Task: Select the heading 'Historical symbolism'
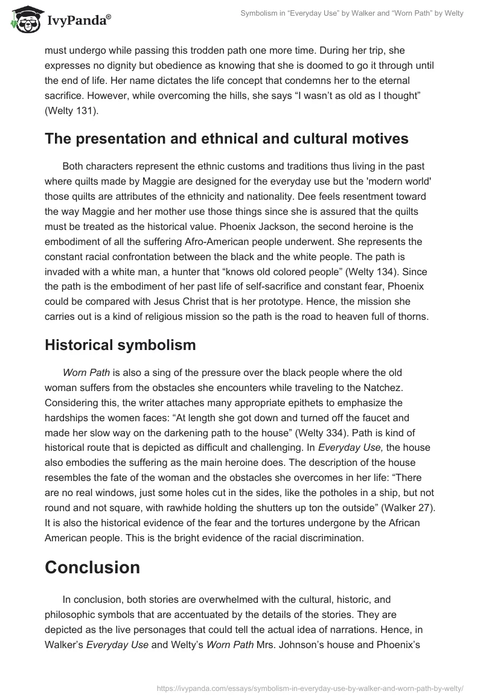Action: (x=120, y=345)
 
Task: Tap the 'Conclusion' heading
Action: (x=92, y=567)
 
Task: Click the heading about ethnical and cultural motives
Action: (x=226, y=139)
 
